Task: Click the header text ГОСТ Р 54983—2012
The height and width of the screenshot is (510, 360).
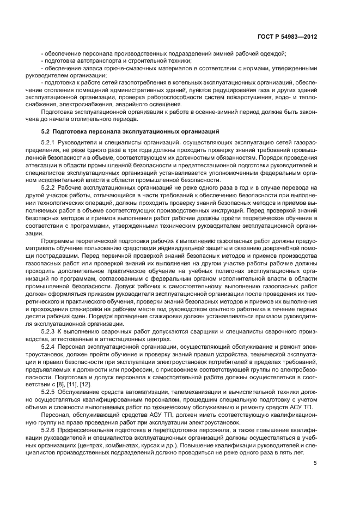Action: click(x=286, y=37)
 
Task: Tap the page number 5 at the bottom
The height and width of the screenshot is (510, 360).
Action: click(x=315, y=464)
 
